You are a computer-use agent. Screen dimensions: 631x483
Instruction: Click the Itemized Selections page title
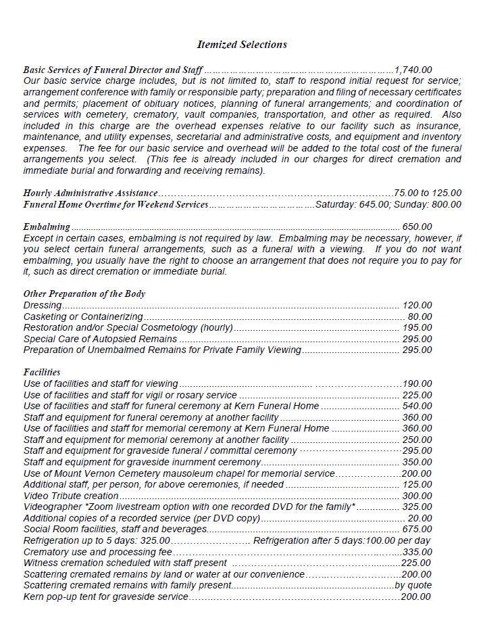(x=241, y=45)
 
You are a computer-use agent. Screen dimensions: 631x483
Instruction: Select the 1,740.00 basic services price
(x=413, y=70)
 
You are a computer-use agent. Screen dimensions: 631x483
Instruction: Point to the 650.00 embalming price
(x=417, y=227)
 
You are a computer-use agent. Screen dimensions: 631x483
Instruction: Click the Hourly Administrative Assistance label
(x=91, y=193)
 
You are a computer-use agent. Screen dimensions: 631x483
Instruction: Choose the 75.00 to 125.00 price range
(x=428, y=193)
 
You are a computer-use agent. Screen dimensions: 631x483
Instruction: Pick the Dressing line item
(x=42, y=305)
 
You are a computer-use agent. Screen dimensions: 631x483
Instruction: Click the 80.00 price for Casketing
(x=420, y=317)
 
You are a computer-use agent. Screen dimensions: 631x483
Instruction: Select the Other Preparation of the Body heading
(x=84, y=294)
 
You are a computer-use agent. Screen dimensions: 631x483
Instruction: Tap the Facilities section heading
(x=42, y=372)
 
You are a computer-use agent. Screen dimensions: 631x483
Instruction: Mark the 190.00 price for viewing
(x=417, y=383)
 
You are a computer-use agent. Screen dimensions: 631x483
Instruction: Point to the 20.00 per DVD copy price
(x=420, y=518)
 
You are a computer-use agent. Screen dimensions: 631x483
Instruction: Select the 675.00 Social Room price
(x=417, y=529)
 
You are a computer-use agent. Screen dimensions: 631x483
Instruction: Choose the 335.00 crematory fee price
(x=417, y=552)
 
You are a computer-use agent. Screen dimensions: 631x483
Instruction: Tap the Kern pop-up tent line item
(x=105, y=597)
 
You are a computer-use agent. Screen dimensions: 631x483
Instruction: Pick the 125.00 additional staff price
(x=417, y=484)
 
